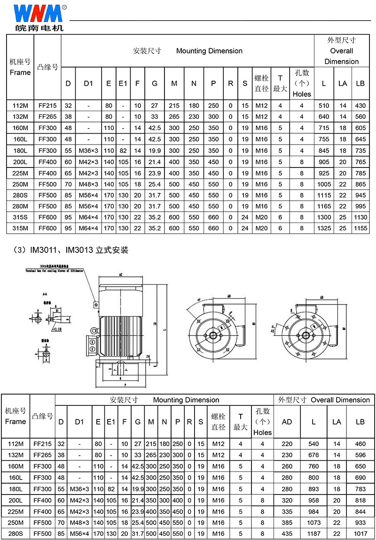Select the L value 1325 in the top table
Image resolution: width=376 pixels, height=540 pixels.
(x=324, y=228)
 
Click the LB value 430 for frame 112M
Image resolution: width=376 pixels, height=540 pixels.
(x=360, y=106)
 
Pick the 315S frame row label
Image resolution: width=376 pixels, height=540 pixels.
(x=20, y=218)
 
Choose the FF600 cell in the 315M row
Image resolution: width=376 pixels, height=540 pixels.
(x=48, y=228)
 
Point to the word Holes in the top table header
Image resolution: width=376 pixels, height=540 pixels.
(x=302, y=94)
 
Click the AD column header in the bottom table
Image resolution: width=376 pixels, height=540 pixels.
(x=287, y=421)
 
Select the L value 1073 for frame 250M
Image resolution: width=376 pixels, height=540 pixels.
(x=313, y=522)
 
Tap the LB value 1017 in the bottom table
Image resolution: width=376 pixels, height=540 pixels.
(x=360, y=533)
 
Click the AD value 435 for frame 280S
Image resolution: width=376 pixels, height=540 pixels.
(x=287, y=533)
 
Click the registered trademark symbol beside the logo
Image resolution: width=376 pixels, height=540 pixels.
(x=64, y=8)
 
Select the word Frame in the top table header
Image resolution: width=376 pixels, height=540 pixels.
(x=20, y=72)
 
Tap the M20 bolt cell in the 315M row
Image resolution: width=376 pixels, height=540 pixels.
(x=261, y=228)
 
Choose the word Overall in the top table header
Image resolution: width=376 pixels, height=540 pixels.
(x=341, y=51)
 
